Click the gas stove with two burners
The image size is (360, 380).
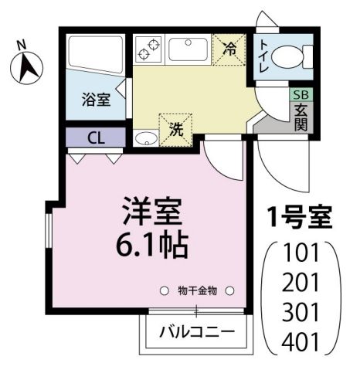coord(147,50)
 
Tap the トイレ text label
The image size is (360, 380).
coord(265,56)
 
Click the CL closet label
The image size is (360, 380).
coord(96,138)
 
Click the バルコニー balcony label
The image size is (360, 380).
coord(197,334)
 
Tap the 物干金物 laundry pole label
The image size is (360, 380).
coord(197,290)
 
